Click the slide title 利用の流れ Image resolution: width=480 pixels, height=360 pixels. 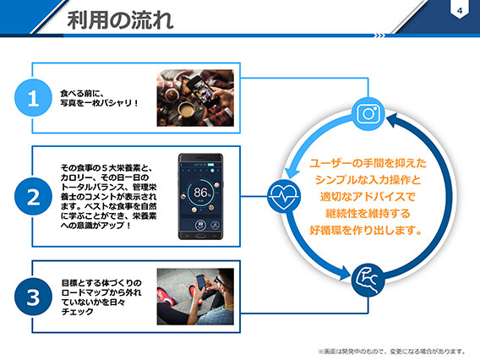coord(120,20)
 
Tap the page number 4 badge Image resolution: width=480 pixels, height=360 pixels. coord(460,10)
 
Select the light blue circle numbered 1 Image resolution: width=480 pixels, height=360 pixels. coord(33,98)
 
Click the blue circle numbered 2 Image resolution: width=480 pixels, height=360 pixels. coord(33,196)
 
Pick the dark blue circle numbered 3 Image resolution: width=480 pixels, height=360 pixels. coord(33,297)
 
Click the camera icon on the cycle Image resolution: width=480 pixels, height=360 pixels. coord(368,114)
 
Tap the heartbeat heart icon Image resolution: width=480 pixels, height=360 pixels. coord(284,196)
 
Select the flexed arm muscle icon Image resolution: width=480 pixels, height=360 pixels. coord(368,280)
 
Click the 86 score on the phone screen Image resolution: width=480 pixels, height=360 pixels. coord(201,193)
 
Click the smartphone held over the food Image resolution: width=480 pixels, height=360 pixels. coord(204,90)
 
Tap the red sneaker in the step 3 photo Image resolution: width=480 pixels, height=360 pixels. coord(167,297)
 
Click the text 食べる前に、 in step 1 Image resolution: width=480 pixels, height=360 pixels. coord(82,93)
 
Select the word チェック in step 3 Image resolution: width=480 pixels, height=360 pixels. coord(78,312)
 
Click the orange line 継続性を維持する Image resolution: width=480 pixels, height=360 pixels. coord(368,213)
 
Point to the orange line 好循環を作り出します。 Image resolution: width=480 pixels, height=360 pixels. coord(366,230)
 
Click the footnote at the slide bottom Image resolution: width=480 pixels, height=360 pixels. coord(392,351)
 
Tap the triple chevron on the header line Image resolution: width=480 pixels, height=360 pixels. coord(380,35)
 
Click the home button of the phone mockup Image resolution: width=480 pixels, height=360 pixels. coord(200,236)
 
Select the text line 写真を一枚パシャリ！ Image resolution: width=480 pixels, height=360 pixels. coord(100,103)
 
